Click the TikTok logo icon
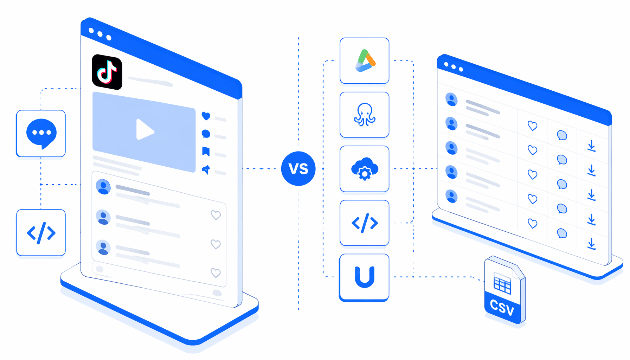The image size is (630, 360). click(107, 72)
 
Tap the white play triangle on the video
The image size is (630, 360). click(144, 130)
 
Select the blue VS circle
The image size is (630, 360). click(298, 168)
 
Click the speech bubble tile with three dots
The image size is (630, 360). click(41, 134)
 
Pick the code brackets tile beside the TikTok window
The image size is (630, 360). click(41, 233)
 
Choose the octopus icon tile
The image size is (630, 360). click(365, 115)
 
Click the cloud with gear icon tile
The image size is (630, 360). click(365, 169)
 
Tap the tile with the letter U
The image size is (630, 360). click(364, 277)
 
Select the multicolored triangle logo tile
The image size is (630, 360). click(365, 60)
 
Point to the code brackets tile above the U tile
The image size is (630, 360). click(365, 223)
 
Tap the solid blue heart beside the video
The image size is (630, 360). click(206, 116)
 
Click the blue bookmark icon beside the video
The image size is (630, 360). click(206, 152)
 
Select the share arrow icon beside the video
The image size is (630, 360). click(206, 169)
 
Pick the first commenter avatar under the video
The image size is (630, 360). click(103, 187)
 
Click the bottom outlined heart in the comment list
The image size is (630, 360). click(216, 273)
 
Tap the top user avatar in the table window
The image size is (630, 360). click(451, 99)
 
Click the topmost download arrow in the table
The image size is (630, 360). click(592, 146)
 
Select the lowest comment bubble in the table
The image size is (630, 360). click(562, 233)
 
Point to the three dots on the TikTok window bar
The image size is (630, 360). click(100, 34)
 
